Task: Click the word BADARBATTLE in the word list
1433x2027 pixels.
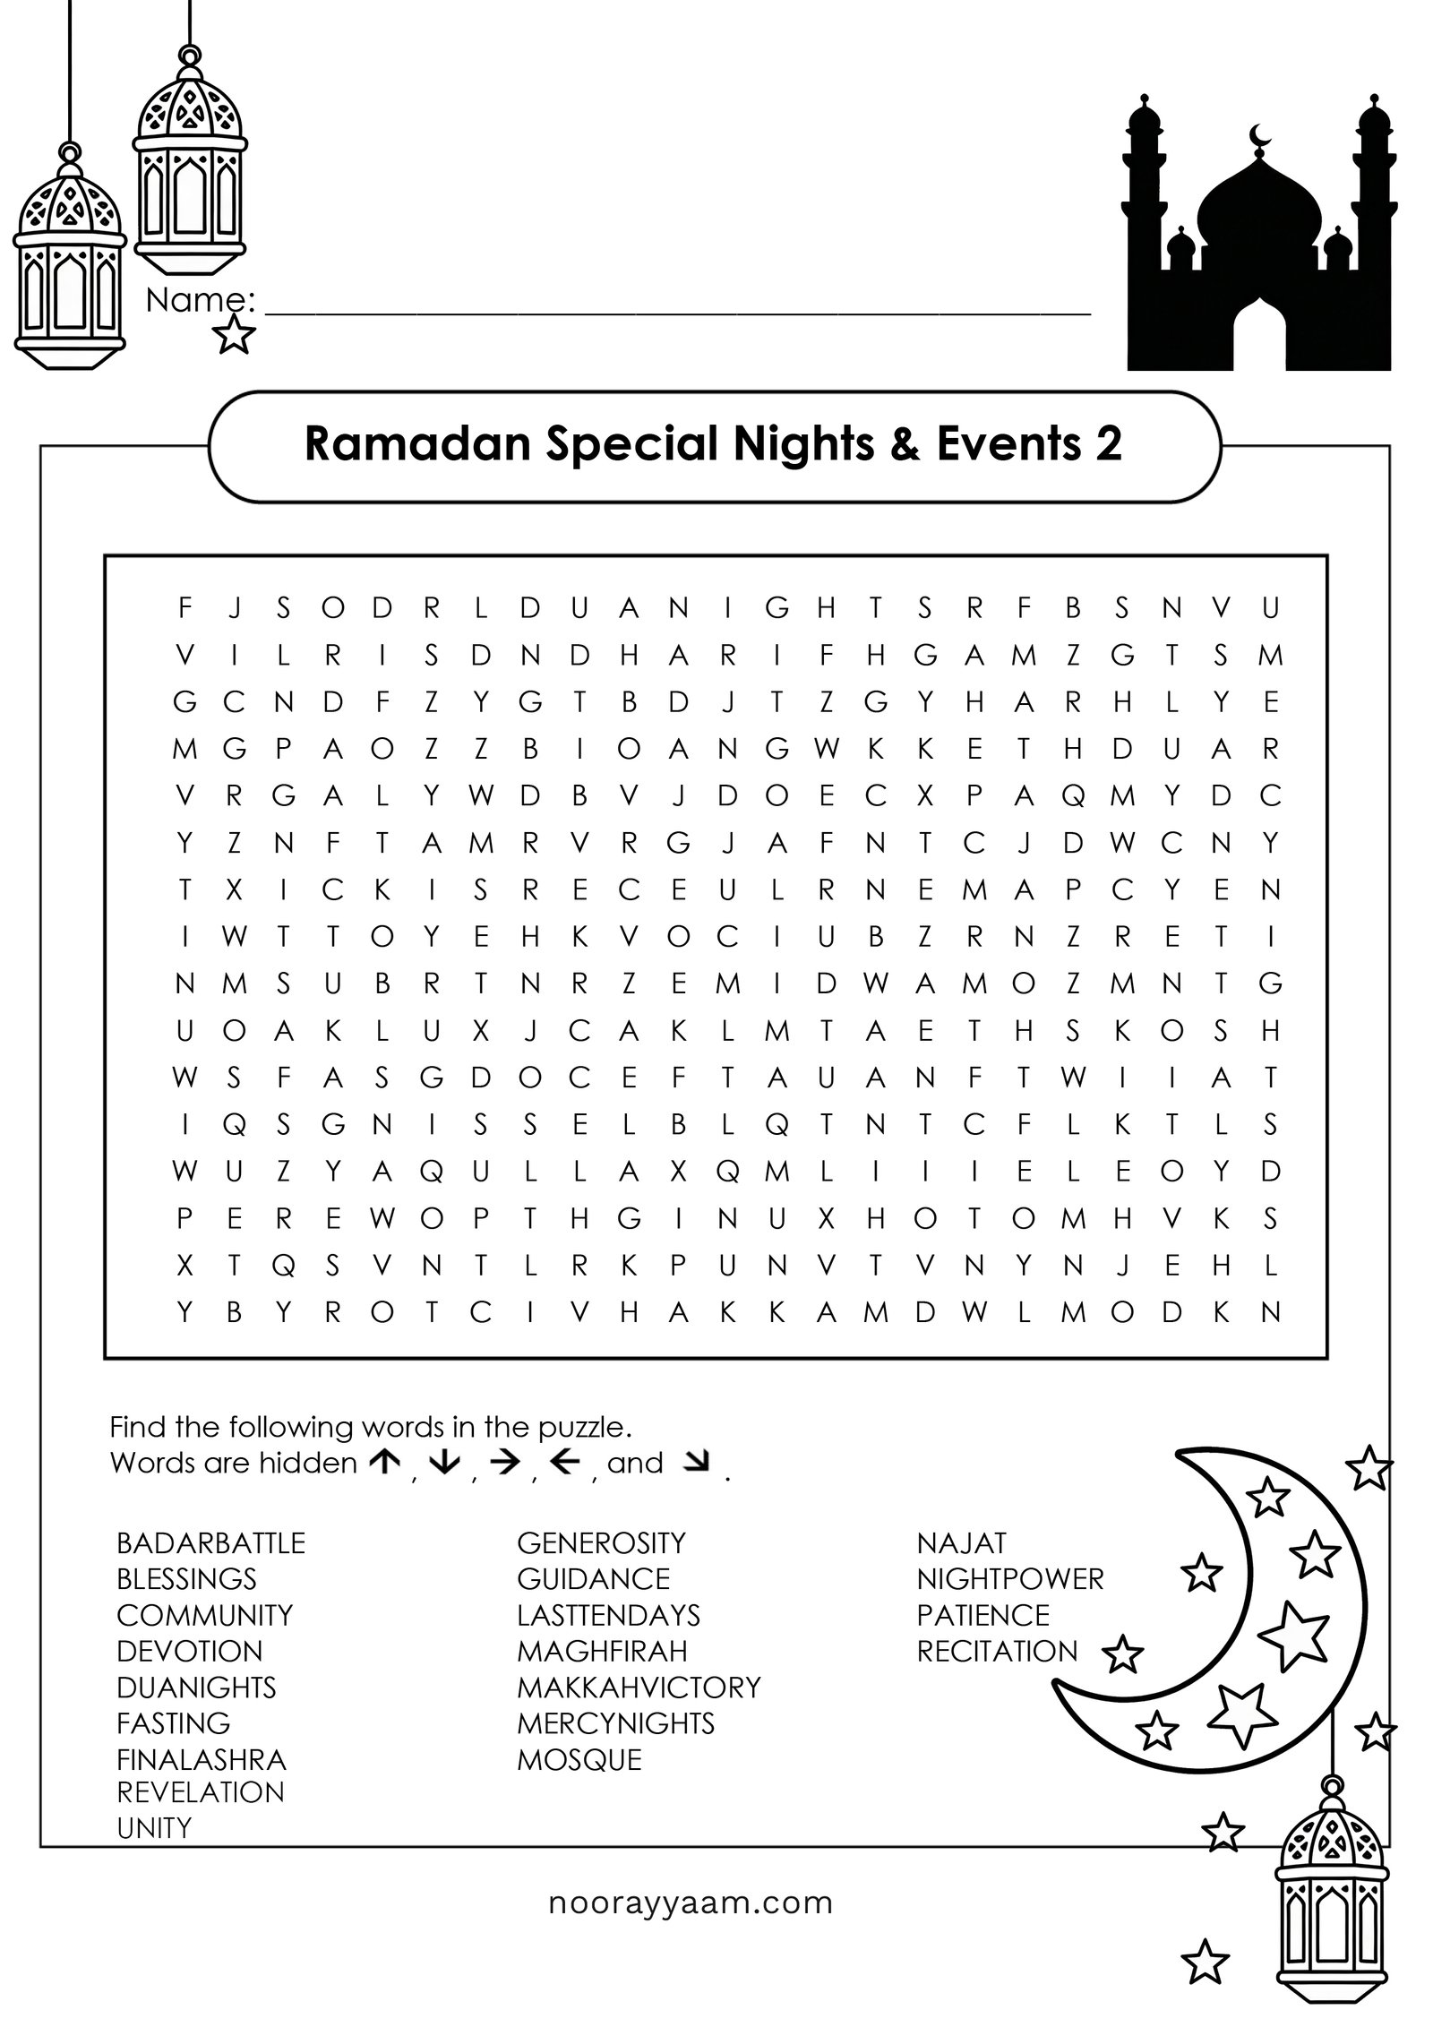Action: pos(210,1542)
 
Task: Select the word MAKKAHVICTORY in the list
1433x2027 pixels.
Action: pos(638,1688)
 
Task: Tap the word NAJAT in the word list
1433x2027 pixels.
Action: pos(961,1542)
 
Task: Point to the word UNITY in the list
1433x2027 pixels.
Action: pos(154,1827)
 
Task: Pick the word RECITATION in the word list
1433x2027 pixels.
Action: pos(997,1651)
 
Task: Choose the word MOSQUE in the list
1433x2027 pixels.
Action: pos(579,1759)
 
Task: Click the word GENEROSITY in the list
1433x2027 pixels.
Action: pos(601,1542)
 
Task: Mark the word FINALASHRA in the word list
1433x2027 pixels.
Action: pos(201,1759)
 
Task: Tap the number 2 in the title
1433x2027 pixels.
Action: pos(1109,444)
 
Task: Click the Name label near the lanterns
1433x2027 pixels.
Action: pos(201,301)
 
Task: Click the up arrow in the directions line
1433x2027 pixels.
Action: pos(384,1464)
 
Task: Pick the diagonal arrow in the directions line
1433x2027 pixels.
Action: pos(694,1464)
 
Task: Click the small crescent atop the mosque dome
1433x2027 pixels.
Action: pos(1260,137)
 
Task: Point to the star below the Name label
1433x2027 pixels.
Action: pos(235,335)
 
